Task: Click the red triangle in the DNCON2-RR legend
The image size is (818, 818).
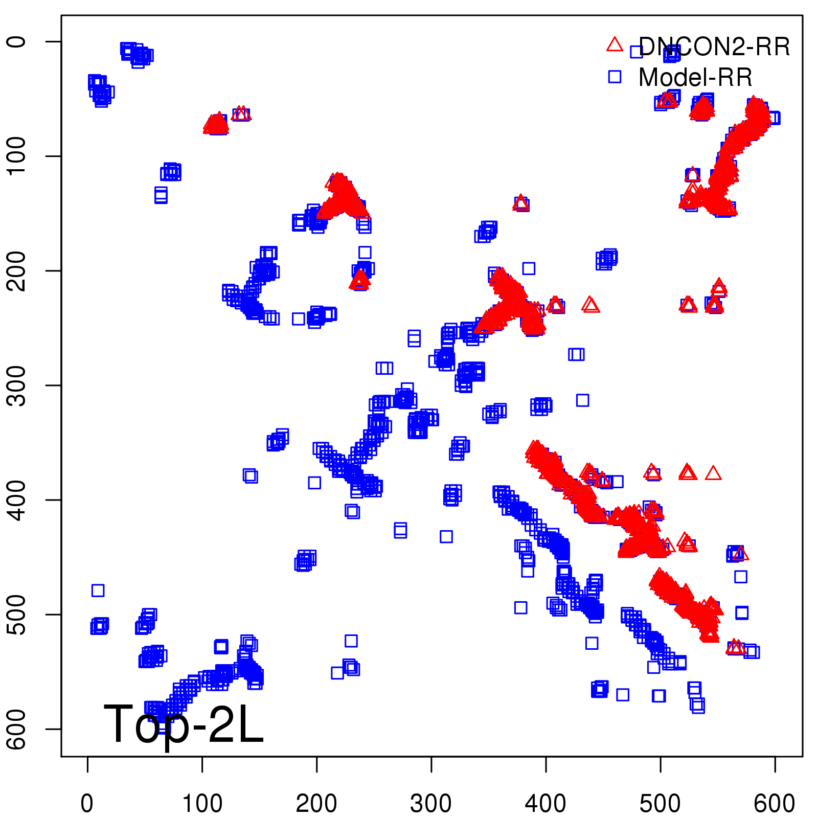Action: pos(615,45)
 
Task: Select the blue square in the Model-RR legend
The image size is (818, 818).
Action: pos(615,77)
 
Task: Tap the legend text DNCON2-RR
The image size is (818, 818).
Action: pos(714,47)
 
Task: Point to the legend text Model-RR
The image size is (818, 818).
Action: pos(695,78)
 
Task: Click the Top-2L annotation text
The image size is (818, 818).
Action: pos(184,725)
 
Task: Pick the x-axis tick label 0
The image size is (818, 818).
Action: pos(87,804)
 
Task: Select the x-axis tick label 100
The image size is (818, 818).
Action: pos(202,804)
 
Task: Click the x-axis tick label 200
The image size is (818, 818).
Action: pos(317,804)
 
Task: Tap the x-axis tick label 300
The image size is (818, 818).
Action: pos(431,804)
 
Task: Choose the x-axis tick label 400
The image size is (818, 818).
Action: pos(546,804)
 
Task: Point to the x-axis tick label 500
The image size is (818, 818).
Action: pos(661,804)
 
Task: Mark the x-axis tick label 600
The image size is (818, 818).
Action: pos(775,804)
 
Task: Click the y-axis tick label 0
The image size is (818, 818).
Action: pos(17,41)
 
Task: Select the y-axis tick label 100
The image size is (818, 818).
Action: pos(17,156)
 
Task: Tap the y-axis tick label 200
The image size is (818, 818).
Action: pos(17,270)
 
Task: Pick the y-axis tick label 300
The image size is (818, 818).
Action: pos(17,385)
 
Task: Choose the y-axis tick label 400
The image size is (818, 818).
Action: pos(17,499)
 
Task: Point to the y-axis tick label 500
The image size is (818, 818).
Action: pos(17,614)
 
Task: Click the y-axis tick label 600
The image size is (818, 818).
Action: pos(17,729)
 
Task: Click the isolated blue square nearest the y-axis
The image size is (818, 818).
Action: pos(98,590)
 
